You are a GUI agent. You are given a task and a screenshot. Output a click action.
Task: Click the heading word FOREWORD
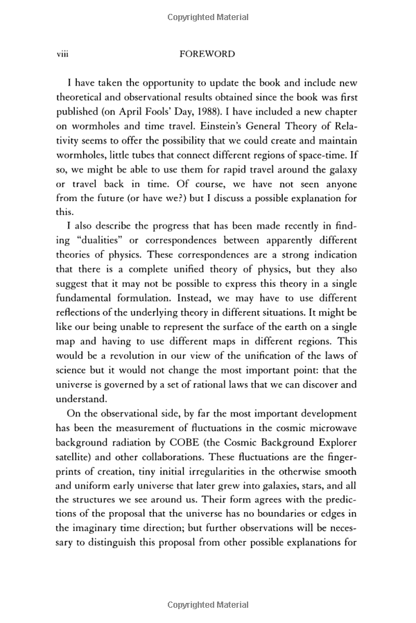click(207, 54)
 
